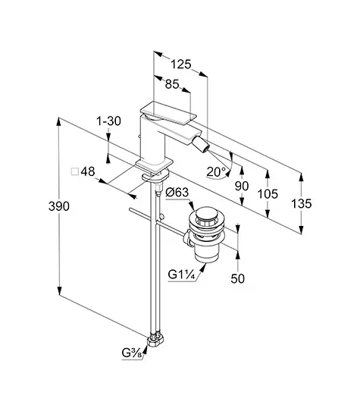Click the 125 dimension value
(x=181, y=64)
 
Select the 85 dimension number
(x=172, y=84)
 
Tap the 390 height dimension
(x=59, y=206)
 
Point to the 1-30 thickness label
(x=108, y=121)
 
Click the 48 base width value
(x=88, y=171)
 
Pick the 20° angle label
(x=217, y=172)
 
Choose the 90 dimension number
(x=242, y=186)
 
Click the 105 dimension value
(x=268, y=194)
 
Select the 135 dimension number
(x=302, y=203)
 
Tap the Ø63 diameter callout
(x=177, y=193)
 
